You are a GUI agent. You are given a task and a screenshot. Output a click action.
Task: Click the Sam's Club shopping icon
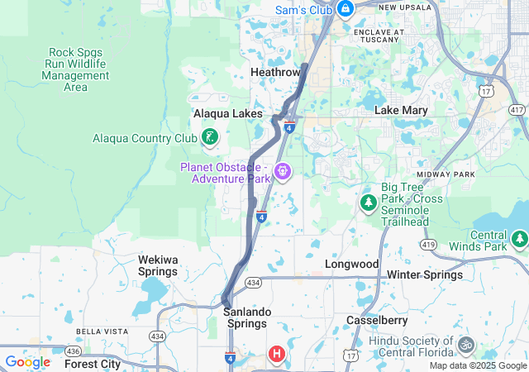coord(345,9)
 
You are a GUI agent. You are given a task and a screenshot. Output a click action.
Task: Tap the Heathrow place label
coord(275,73)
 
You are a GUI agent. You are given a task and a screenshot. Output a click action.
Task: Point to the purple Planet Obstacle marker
coord(283,171)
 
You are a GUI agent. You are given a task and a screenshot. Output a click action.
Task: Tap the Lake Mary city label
coord(401,110)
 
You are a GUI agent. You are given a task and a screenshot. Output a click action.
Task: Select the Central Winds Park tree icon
coord(519,240)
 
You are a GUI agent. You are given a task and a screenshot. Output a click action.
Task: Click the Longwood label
coord(353,264)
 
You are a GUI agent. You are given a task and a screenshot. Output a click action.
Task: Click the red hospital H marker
coord(277,354)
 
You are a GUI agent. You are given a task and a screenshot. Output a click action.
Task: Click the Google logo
coord(27,362)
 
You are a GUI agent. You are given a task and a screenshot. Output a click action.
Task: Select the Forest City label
coord(93,364)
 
